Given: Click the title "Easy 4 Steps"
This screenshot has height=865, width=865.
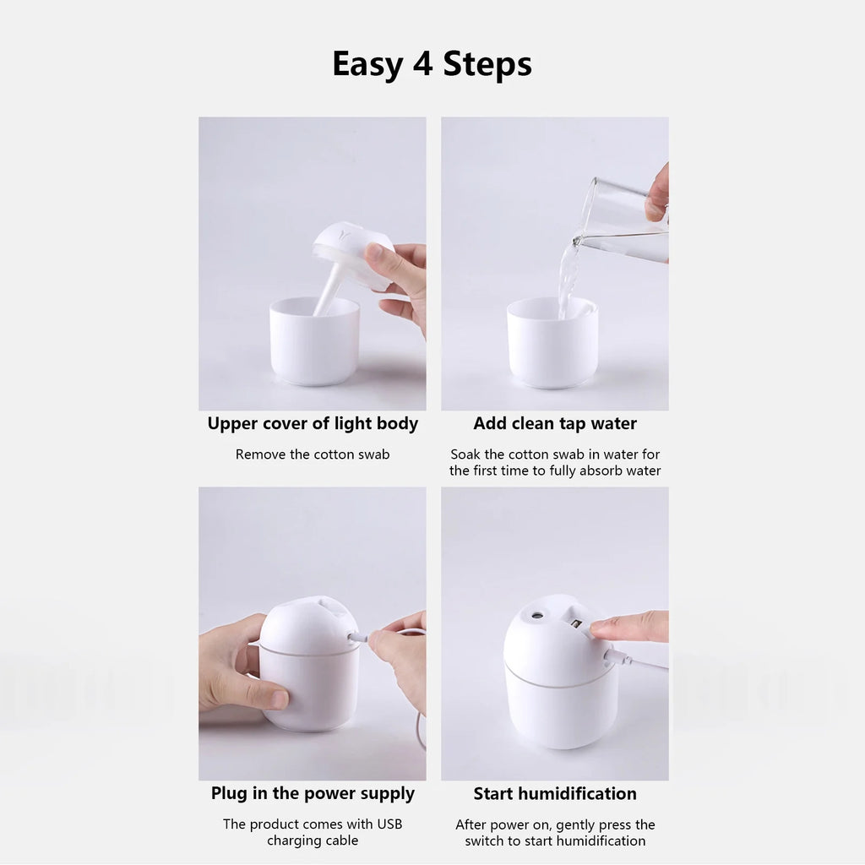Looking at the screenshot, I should (x=432, y=64).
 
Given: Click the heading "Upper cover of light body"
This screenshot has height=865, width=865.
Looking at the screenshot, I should (x=313, y=424).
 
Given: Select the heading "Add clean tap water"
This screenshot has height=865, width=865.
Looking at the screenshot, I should (x=555, y=424).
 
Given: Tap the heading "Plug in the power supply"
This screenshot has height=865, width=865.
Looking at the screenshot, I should (x=313, y=794).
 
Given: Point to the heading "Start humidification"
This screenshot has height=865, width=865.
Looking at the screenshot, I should (x=555, y=794).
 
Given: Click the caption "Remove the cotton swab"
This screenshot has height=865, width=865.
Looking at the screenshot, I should (x=313, y=454).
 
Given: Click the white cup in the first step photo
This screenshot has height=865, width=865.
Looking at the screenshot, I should (x=313, y=346).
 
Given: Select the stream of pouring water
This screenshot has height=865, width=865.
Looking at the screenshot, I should (x=569, y=275).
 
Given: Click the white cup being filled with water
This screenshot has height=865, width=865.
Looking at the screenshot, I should (x=552, y=346).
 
